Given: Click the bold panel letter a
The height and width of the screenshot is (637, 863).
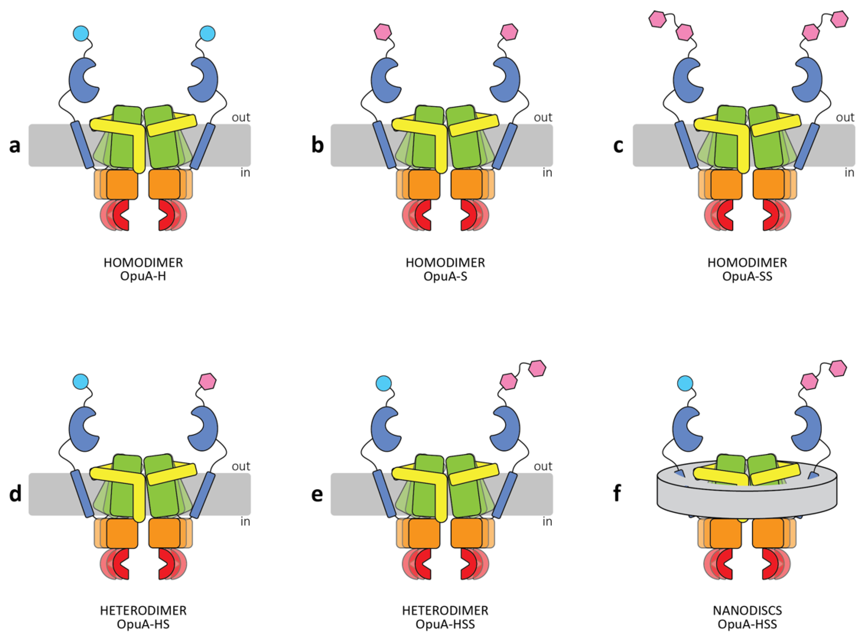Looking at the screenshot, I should coord(15,145).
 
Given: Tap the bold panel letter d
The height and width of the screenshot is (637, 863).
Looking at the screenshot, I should coord(15,494).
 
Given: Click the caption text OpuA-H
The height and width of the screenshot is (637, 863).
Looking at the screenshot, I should coord(143,276).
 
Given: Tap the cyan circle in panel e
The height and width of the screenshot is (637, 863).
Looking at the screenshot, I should coord(383,383).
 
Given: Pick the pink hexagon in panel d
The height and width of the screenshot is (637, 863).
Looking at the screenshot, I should coord(207,381).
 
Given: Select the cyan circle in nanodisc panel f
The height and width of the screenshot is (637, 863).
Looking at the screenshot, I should coord(685,383).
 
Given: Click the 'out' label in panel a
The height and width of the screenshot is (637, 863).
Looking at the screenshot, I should coord(241,117).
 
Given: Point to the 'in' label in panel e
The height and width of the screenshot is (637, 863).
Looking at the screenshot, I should coord(547,522).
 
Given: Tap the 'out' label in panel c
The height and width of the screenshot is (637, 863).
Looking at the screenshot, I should coord(845,117).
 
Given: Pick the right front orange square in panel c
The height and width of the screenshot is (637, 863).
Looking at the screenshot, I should coord(768,184).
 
